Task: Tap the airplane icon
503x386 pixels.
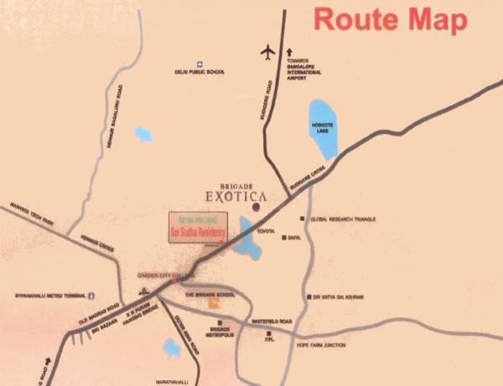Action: click(x=268, y=52)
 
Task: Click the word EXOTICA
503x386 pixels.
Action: click(x=236, y=198)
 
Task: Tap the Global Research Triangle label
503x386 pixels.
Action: click(x=343, y=219)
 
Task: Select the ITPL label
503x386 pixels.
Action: click(x=269, y=338)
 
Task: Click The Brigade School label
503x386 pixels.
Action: click(x=208, y=296)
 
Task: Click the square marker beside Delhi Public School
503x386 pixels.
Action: click(x=200, y=63)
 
